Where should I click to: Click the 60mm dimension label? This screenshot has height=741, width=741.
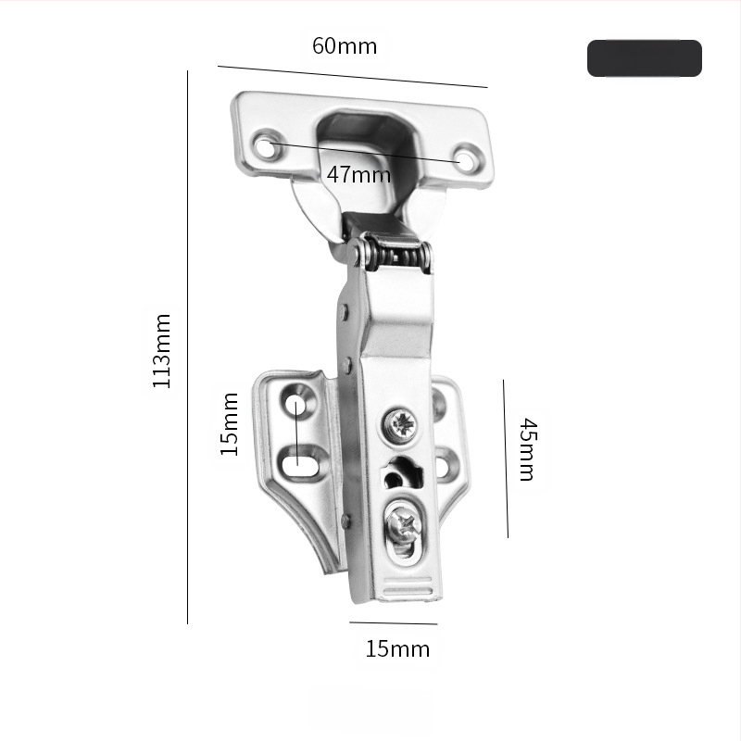click(x=345, y=45)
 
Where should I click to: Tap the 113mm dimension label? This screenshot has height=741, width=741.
click(x=161, y=351)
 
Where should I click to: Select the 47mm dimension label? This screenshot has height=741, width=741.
click(x=358, y=174)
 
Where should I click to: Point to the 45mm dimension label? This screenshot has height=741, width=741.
click(x=528, y=449)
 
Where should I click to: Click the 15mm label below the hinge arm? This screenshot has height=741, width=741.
click(x=397, y=648)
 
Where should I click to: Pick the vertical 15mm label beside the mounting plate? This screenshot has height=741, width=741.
click(x=230, y=424)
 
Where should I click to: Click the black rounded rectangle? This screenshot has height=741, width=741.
click(x=644, y=58)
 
